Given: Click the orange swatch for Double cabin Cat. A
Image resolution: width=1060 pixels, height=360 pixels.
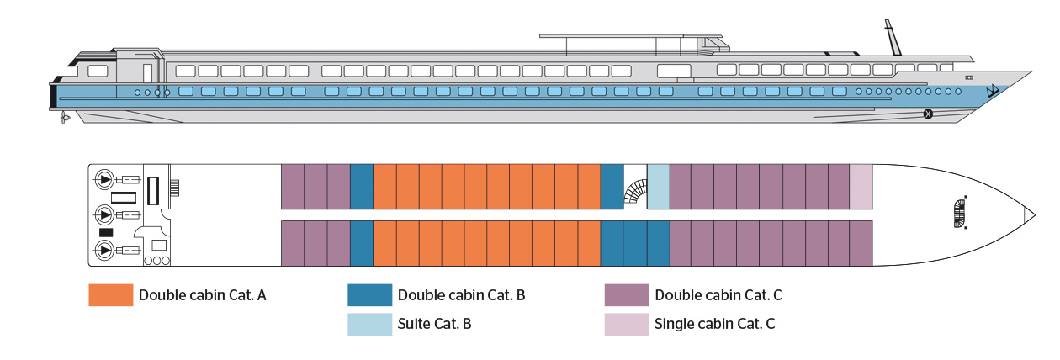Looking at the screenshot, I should click(x=111, y=295).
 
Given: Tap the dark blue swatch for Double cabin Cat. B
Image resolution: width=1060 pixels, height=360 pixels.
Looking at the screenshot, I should click(x=369, y=295).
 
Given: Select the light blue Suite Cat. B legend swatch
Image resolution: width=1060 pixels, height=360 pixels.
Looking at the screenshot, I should click(x=369, y=325).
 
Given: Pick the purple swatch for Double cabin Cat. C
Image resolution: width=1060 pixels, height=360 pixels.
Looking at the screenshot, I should click(x=627, y=295).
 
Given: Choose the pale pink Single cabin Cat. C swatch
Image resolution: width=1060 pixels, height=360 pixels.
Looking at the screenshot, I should click(x=627, y=325).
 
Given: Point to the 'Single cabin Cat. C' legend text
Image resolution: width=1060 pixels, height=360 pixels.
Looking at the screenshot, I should click(x=714, y=325).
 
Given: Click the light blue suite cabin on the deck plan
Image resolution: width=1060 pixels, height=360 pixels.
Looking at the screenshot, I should click(x=658, y=186).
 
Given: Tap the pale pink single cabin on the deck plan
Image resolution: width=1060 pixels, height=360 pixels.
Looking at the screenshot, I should click(x=861, y=186).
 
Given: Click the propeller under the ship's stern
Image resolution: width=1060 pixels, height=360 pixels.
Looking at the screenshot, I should click(x=64, y=119).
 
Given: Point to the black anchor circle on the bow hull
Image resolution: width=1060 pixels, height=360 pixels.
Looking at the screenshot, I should click(x=928, y=113).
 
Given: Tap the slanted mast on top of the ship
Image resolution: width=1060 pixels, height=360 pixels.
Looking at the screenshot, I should click(x=890, y=37).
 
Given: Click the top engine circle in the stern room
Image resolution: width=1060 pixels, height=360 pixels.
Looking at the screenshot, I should click(x=105, y=179).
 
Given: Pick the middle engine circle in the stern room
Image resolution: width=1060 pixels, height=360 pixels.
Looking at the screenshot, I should click(x=105, y=214).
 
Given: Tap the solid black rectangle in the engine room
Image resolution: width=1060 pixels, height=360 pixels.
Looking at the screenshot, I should click(x=106, y=232).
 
